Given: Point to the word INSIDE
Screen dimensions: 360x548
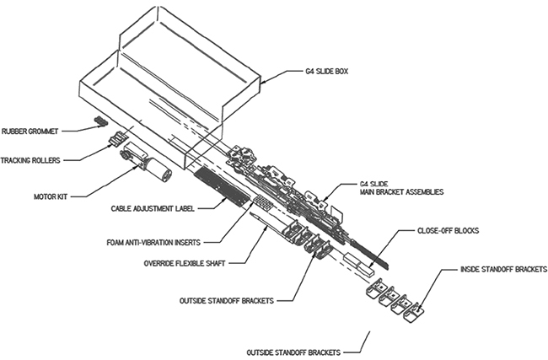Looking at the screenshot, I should click(x=471, y=270).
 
